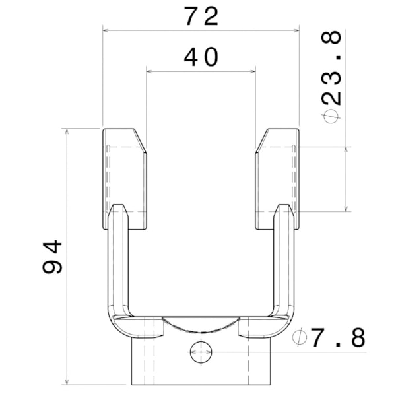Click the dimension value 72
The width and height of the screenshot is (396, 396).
pos(201,16)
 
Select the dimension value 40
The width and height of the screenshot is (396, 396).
pos(201,57)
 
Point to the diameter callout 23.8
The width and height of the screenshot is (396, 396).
pos(333,73)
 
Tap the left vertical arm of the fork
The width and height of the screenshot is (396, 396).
pos(118,264)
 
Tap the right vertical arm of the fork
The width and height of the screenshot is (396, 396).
pos(283,264)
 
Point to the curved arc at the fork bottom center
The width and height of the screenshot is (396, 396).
pos(201,324)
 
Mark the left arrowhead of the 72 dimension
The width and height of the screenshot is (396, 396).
pos(106,30)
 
